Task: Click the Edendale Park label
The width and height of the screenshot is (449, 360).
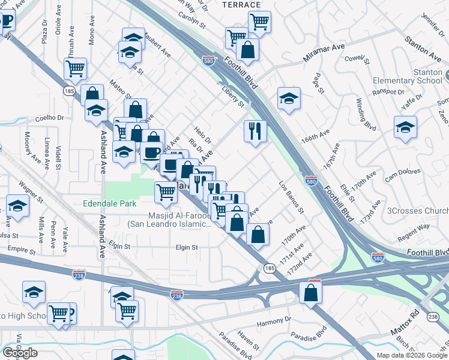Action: pyautogui.click(x=109, y=204)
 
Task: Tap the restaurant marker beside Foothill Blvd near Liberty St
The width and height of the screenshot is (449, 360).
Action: pyautogui.click(x=255, y=131)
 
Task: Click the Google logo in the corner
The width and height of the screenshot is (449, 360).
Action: pyautogui.click(x=20, y=353)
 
